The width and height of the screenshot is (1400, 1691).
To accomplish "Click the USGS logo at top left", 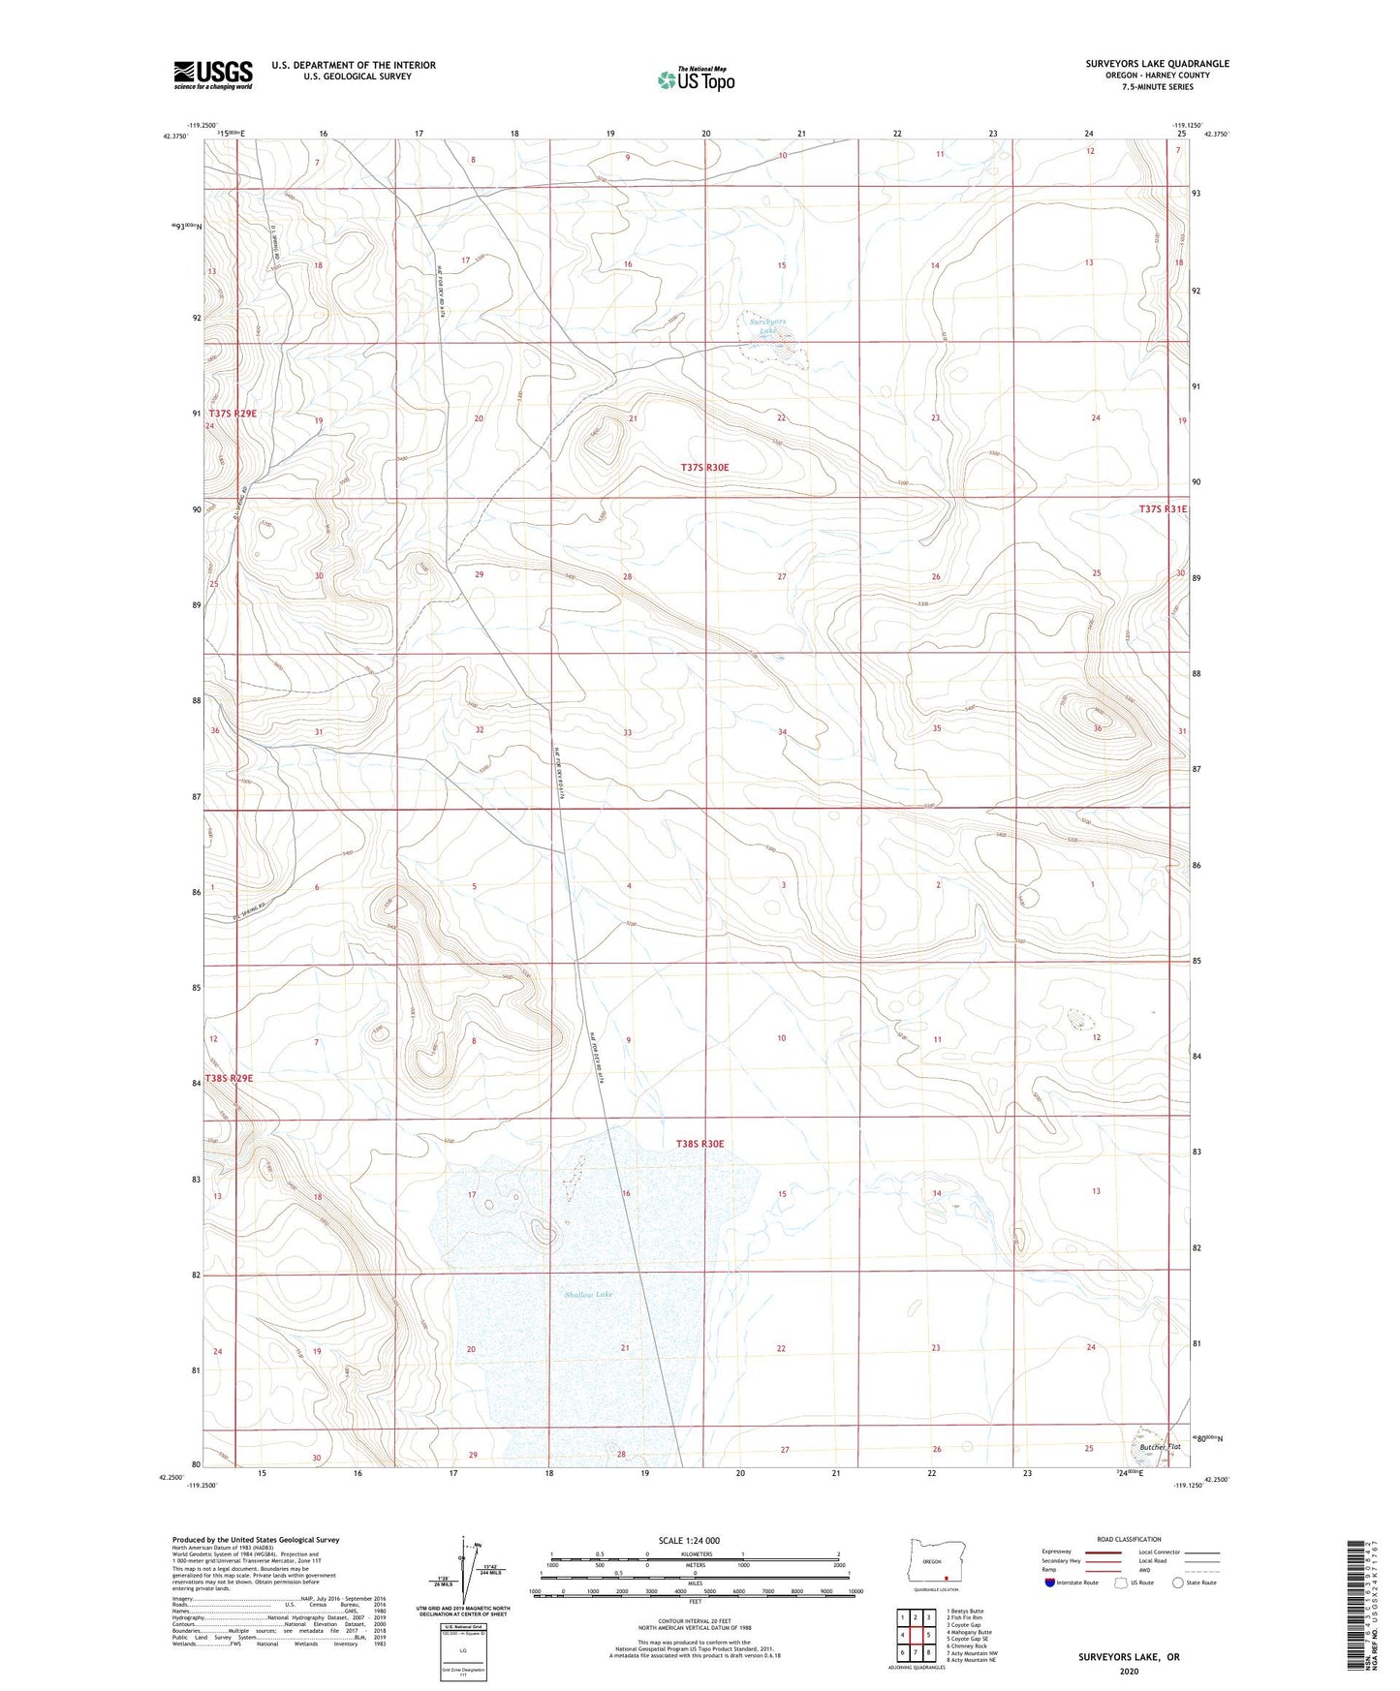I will coord(213,74).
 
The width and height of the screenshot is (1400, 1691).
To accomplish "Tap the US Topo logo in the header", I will coord(695,78).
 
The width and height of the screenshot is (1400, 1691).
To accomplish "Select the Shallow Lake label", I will coord(588,1294).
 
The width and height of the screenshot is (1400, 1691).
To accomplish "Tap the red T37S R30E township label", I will coord(703,467).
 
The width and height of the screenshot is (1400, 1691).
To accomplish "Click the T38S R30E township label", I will coord(700,1144).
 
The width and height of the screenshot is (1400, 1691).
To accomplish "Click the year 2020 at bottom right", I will coord(1129,1671).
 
